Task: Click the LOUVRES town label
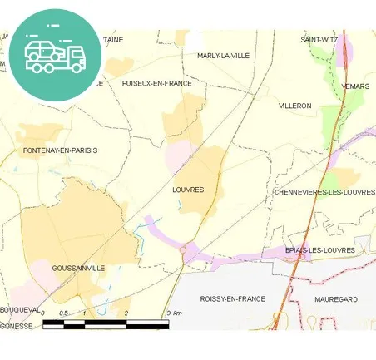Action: click(187, 190)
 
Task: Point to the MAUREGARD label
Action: click(335, 298)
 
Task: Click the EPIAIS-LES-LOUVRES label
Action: click(320, 250)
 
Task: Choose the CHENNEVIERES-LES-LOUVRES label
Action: click(324, 192)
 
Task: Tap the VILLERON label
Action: click(294, 106)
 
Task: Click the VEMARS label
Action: click(355, 86)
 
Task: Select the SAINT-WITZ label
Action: click(319, 39)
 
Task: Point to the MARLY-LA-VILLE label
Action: click(223, 56)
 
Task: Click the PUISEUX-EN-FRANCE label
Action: click(156, 83)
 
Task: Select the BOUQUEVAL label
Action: click(20, 309)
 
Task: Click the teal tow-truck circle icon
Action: click(56, 54)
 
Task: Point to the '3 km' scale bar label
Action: click(174, 313)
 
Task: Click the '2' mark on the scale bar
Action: click(126, 313)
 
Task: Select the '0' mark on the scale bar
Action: click(42, 313)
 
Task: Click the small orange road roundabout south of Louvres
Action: click(182, 249)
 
